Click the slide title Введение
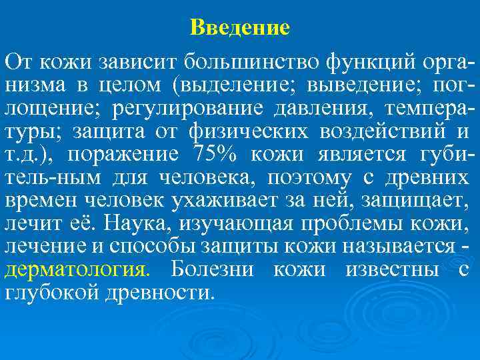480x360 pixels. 240,27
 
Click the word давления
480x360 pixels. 300,108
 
